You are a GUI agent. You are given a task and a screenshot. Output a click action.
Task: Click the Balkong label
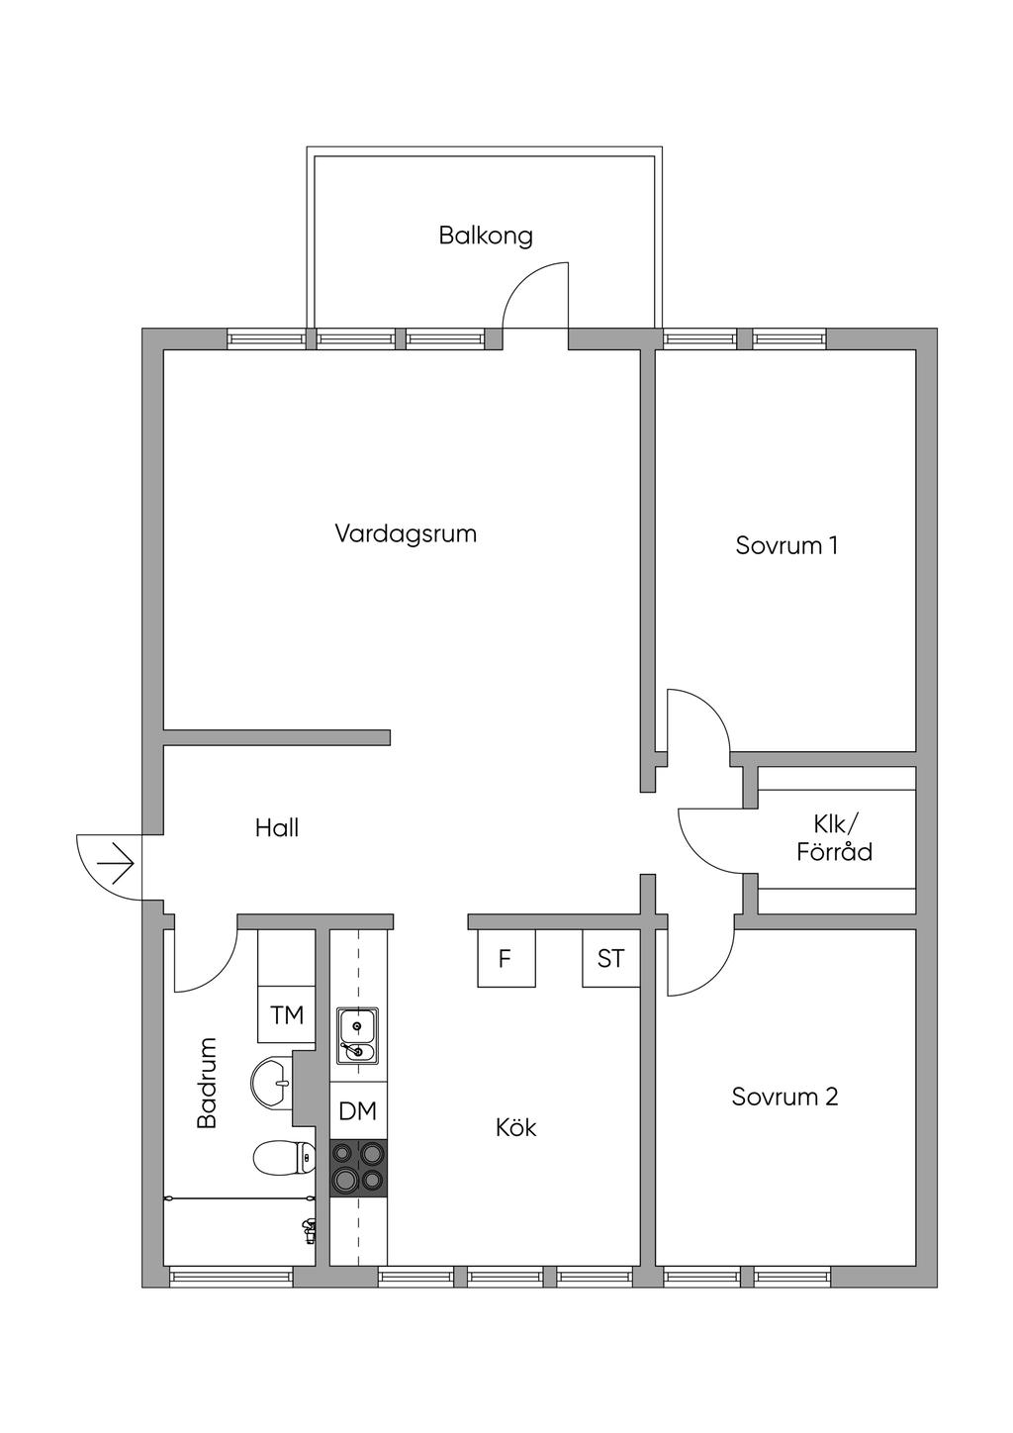[x=486, y=237]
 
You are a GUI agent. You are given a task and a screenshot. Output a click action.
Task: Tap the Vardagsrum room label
[x=407, y=532]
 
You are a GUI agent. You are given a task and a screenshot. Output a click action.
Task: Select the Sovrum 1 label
[x=786, y=545]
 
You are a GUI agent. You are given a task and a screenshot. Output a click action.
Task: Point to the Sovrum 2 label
[x=784, y=1097]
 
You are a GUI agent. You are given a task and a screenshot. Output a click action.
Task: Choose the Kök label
[x=516, y=1127]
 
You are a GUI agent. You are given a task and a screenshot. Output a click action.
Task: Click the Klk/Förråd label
[x=835, y=840]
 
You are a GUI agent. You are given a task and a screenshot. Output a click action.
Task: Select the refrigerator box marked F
[x=506, y=958]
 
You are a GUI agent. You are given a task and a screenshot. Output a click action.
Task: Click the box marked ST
[x=610, y=958]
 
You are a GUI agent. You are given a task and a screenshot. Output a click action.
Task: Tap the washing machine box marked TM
[x=287, y=1014]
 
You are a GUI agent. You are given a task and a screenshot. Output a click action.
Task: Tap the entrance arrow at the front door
[x=116, y=864]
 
